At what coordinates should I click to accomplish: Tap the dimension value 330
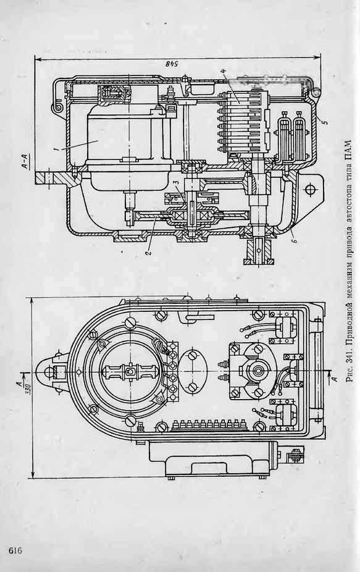[x=27, y=384]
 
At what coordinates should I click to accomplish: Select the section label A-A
[x=26, y=161]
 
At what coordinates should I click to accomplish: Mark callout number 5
[x=325, y=120]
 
